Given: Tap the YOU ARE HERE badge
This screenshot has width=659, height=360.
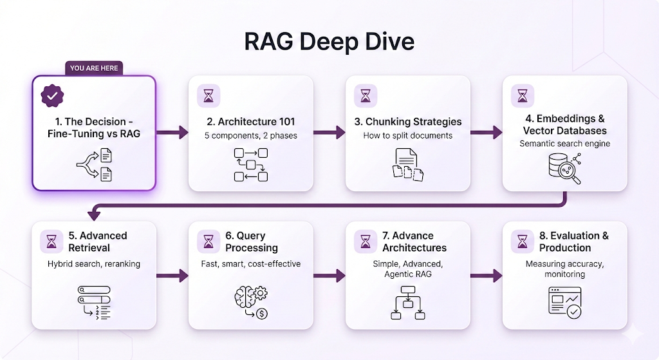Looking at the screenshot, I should pyautogui.click(x=94, y=68).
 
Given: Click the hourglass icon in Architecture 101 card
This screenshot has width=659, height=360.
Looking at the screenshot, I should pyautogui.click(x=209, y=96).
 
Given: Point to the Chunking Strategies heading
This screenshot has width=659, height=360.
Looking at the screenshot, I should pyautogui.click(x=412, y=122).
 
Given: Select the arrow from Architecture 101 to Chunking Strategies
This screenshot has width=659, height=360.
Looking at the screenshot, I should pyautogui.click(x=329, y=133).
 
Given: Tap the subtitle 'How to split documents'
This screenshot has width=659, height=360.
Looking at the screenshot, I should pyautogui.click(x=408, y=135).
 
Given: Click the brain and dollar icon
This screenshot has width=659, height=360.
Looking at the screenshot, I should pyautogui.click(x=250, y=301).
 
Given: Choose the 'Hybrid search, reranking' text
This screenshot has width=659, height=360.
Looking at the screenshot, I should pyautogui.click(x=93, y=264).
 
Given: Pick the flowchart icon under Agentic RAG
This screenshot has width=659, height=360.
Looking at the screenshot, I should pyautogui.click(x=408, y=303).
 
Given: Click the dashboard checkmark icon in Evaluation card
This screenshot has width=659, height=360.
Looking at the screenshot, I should pyautogui.click(x=564, y=301).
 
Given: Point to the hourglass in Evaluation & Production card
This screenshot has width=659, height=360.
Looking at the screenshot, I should pyautogui.click(x=523, y=242).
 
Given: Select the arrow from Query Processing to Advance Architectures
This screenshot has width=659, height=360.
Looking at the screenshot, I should pyautogui.click(x=329, y=276).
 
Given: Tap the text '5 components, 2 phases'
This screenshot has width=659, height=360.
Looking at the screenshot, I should pyautogui.click(x=251, y=135).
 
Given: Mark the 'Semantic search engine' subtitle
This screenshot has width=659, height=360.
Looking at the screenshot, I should pyautogui.click(x=564, y=144).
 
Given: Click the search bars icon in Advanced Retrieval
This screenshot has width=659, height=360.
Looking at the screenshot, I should pyautogui.click(x=94, y=302).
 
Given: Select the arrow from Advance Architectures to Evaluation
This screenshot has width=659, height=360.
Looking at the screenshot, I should pyautogui.click(x=486, y=276).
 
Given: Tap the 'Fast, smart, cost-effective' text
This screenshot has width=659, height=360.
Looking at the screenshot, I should pyautogui.click(x=251, y=264).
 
